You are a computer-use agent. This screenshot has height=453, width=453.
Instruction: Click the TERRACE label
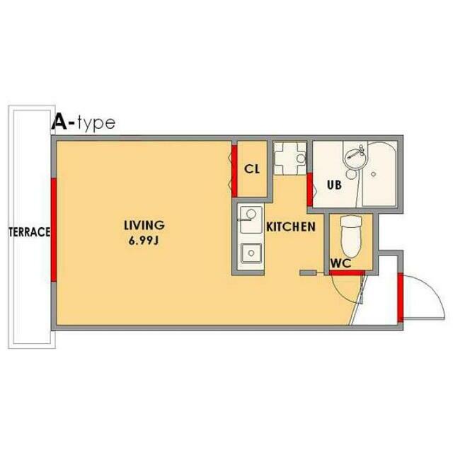pos(30,232)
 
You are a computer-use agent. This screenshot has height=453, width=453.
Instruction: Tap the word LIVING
pos(144,225)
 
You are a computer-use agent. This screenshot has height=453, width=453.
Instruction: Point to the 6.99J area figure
pos(144,241)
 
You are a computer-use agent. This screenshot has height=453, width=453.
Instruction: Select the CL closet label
pos(252,169)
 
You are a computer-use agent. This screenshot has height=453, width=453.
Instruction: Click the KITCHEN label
pos(291,226)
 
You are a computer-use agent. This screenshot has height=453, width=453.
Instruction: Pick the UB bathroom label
pos(334,185)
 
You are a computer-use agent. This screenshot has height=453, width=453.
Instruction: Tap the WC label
pos(341,263)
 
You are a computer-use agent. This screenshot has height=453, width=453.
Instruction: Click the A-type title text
pos(84,122)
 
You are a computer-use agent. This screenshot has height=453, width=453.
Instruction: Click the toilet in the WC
pos(351,236)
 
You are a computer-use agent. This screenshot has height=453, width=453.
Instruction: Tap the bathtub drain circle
pos(373,174)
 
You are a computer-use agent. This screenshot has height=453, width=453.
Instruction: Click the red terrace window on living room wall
pos(54,229)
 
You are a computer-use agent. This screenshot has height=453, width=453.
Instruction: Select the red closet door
pos(234,171)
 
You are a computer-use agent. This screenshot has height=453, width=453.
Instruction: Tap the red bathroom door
pos(310,189)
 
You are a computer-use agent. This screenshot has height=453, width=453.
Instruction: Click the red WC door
pos(347,273)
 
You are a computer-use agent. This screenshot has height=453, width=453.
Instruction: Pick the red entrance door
pos(400,297)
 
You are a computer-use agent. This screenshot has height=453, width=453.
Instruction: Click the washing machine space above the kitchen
pos(289,159)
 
